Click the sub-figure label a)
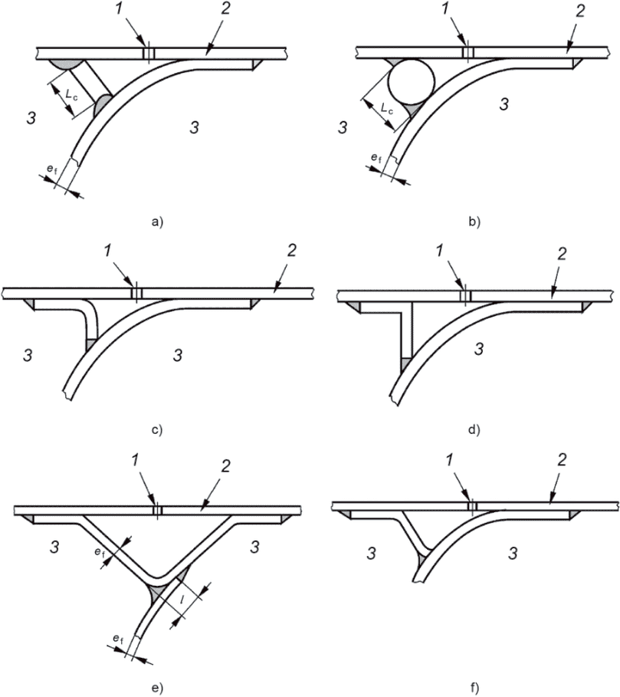pyautogui.click(x=157, y=222)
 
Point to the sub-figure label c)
pyautogui.click(x=157, y=429)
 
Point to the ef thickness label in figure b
pyautogui.click(x=375, y=158)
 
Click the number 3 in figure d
pyautogui.click(x=479, y=350)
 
